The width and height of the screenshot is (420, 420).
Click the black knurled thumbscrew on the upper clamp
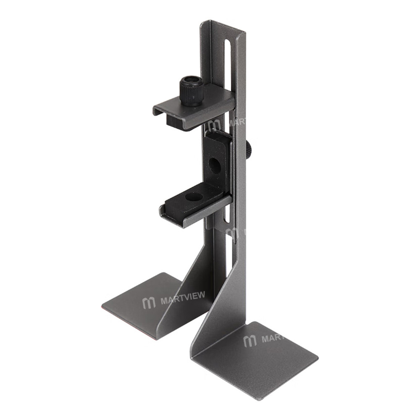(192, 89)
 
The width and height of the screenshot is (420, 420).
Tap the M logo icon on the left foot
(149, 303)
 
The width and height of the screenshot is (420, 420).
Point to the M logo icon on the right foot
(250, 341)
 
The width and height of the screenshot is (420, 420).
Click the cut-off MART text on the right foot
(273, 338)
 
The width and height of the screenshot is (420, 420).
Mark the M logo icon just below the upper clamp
(214, 126)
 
